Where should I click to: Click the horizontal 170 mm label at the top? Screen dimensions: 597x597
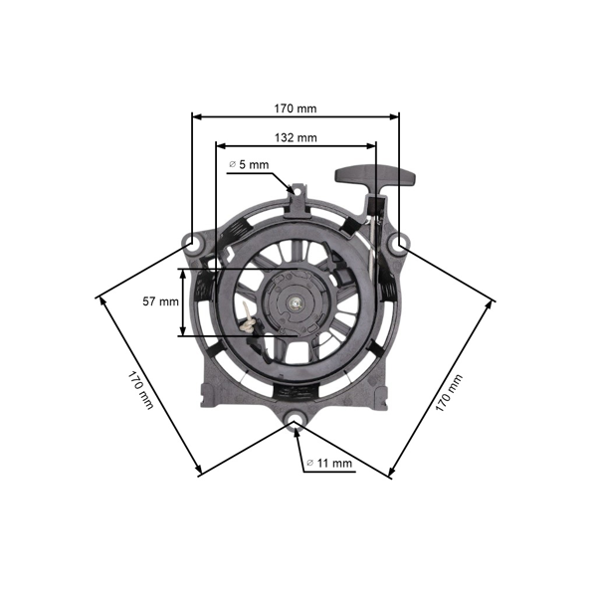(295, 106)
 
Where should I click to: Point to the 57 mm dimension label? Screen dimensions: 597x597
(161, 300)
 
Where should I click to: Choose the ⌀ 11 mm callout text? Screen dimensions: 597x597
(329, 463)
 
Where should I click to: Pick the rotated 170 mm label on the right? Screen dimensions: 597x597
(450, 391)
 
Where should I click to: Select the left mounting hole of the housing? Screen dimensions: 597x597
(191, 242)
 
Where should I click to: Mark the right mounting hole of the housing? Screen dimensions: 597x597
(399, 242)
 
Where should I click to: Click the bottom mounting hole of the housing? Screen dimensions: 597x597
(296, 426)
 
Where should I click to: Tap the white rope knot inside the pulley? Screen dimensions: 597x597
(245, 318)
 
